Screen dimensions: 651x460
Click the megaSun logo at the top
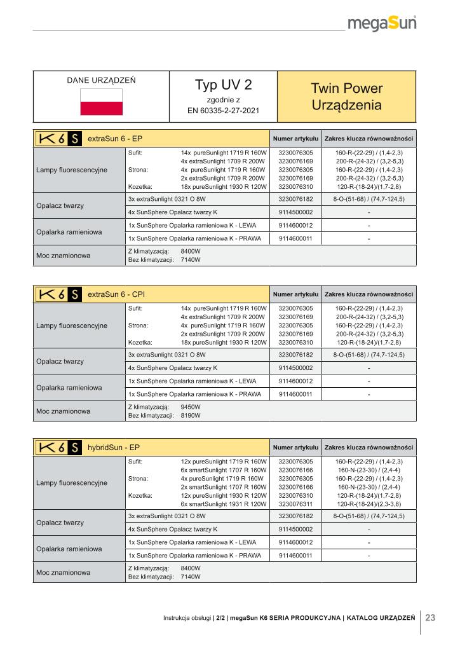(382, 24)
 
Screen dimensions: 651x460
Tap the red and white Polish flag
(101, 102)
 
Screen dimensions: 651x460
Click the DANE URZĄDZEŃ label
(101, 81)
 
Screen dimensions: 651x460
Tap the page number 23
(430, 617)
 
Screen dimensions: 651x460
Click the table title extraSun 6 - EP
(114, 138)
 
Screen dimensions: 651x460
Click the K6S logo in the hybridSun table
(58, 448)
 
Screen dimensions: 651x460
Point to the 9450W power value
(191, 406)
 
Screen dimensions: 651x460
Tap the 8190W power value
(191, 415)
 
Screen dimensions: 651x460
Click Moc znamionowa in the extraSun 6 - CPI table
(64, 411)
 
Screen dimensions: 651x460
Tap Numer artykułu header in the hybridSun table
(295, 448)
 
